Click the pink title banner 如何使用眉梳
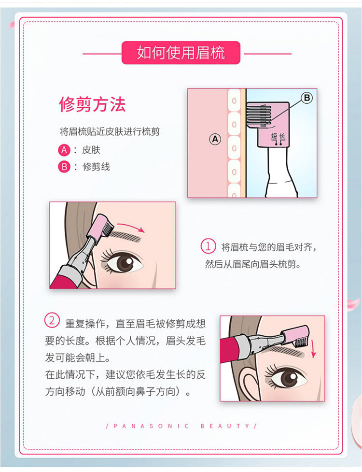(x=181, y=53)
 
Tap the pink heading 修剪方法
(x=92, y=104)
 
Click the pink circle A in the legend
(x=64, y=150)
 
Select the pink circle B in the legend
(x=64, y=167)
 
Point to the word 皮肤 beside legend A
(x=91, y=150)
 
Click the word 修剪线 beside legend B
(x=96, y=167)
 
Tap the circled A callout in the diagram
(x=215, y=139)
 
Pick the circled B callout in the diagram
(x=307, y=98)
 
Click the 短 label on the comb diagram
(x=274, y=136)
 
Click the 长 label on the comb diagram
(x=282, y=136)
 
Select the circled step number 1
(x=208, y=246)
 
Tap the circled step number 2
(x=52, y=320)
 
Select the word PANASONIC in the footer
(x=152, y=426)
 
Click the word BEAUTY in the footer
(x=225, y=426)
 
